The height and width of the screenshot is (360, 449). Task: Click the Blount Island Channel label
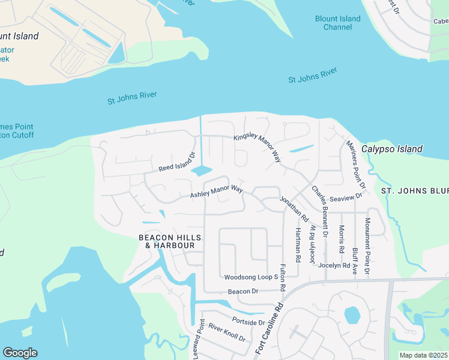point(338,23)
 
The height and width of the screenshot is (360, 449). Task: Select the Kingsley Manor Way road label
point(258,148)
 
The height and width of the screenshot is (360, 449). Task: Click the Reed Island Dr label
point(177,161)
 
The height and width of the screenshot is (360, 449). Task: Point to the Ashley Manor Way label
point(217,192)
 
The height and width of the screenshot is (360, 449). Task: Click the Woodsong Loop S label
point(251,277)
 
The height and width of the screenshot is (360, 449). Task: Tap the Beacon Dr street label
point(243,292)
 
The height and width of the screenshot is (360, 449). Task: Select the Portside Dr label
point(249,322)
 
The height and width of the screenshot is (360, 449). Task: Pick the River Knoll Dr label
point(227,334)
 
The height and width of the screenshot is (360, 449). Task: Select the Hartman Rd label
point(298,245)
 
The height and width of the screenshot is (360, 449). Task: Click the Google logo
point(20,353)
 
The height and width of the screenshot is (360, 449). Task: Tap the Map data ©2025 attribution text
point(424,355)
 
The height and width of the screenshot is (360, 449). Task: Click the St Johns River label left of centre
point(133,98)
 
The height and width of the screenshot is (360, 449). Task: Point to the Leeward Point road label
point(199,340)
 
